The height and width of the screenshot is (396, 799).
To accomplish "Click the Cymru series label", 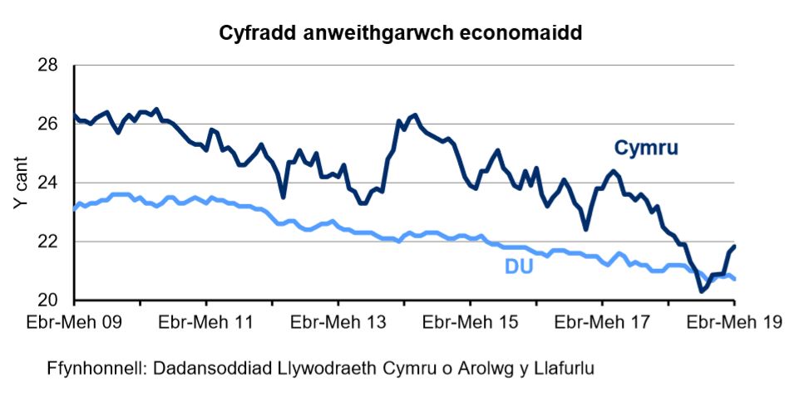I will [646, 149].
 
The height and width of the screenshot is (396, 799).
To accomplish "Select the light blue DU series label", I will [518, 267].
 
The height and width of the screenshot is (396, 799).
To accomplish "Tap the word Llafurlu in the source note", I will [565, 367].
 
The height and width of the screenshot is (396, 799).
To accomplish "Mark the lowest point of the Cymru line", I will [701, 291].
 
